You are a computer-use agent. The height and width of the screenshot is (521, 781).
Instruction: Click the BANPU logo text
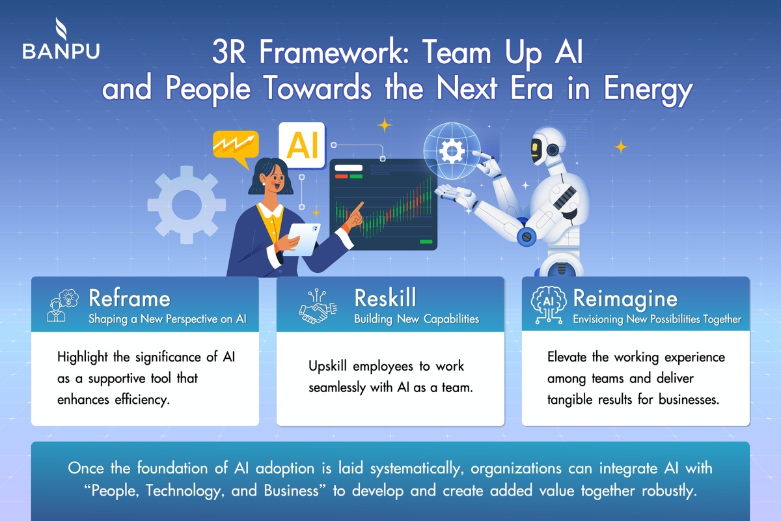[x=61, y=51]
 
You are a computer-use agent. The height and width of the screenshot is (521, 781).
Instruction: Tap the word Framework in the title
[x=334, y=52]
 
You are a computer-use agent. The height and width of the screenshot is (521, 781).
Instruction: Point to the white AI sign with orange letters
[x=302, y=145]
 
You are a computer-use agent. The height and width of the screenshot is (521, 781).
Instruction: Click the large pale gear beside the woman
[x=187, y=205]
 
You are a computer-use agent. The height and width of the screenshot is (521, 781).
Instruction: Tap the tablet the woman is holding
[x=301, y=240]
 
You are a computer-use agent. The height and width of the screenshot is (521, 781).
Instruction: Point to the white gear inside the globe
[x=452, y=151]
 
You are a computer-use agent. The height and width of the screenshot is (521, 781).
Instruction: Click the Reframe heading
[x=130, y=299]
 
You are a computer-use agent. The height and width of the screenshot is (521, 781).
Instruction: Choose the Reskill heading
[x=385, y=298]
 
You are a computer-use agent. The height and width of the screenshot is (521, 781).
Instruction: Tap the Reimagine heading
[x=625, y=300]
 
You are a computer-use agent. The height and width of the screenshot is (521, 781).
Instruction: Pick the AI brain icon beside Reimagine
[x=549, y=305]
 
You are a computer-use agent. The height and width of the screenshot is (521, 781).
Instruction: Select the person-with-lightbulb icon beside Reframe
[x=62, y=305]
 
